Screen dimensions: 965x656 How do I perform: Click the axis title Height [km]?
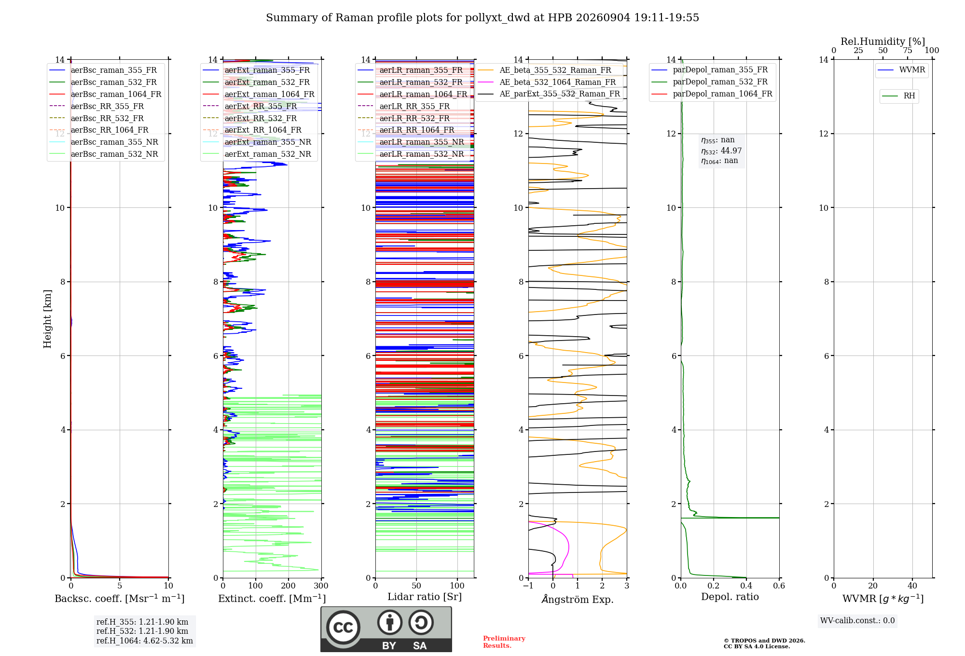47,319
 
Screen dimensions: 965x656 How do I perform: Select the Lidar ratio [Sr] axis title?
425,597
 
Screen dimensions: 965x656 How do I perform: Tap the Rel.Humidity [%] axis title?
883,41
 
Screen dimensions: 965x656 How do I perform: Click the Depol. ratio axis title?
730,597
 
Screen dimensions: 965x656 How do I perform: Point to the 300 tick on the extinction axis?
321,586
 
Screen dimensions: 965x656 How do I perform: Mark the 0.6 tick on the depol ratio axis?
779,586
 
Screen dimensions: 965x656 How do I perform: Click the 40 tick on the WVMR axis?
912,586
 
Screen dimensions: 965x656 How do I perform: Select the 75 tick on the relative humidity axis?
907,50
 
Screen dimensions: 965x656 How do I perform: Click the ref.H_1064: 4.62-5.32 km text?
145,641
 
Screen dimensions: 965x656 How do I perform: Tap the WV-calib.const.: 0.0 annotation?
857,621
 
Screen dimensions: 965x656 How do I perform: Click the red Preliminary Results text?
504,642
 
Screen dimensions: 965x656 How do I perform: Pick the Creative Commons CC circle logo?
343,628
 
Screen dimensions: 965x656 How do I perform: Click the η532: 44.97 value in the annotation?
721,151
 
